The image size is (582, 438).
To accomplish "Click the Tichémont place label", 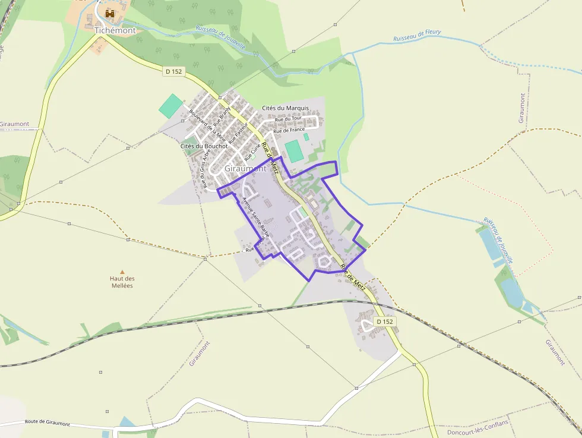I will tap(115, 30).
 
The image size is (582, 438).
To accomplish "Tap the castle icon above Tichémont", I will tap(109, 14).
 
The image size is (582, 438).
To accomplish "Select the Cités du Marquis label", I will tap(285, 108).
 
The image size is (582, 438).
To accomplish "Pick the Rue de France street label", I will tap(289, 130).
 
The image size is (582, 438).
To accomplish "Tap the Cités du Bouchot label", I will tap(204, 146).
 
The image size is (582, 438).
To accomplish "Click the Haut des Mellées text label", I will tap(122, 282).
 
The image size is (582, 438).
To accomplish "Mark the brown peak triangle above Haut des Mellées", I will tap(123, 271).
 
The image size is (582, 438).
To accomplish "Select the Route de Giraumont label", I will tap(48, 423).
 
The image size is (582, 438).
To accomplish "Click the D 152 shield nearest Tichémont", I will tap(175, 71).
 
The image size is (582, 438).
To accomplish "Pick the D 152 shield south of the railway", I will tap(384, 322).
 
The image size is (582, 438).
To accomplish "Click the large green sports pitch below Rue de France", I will tap(295, 150).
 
